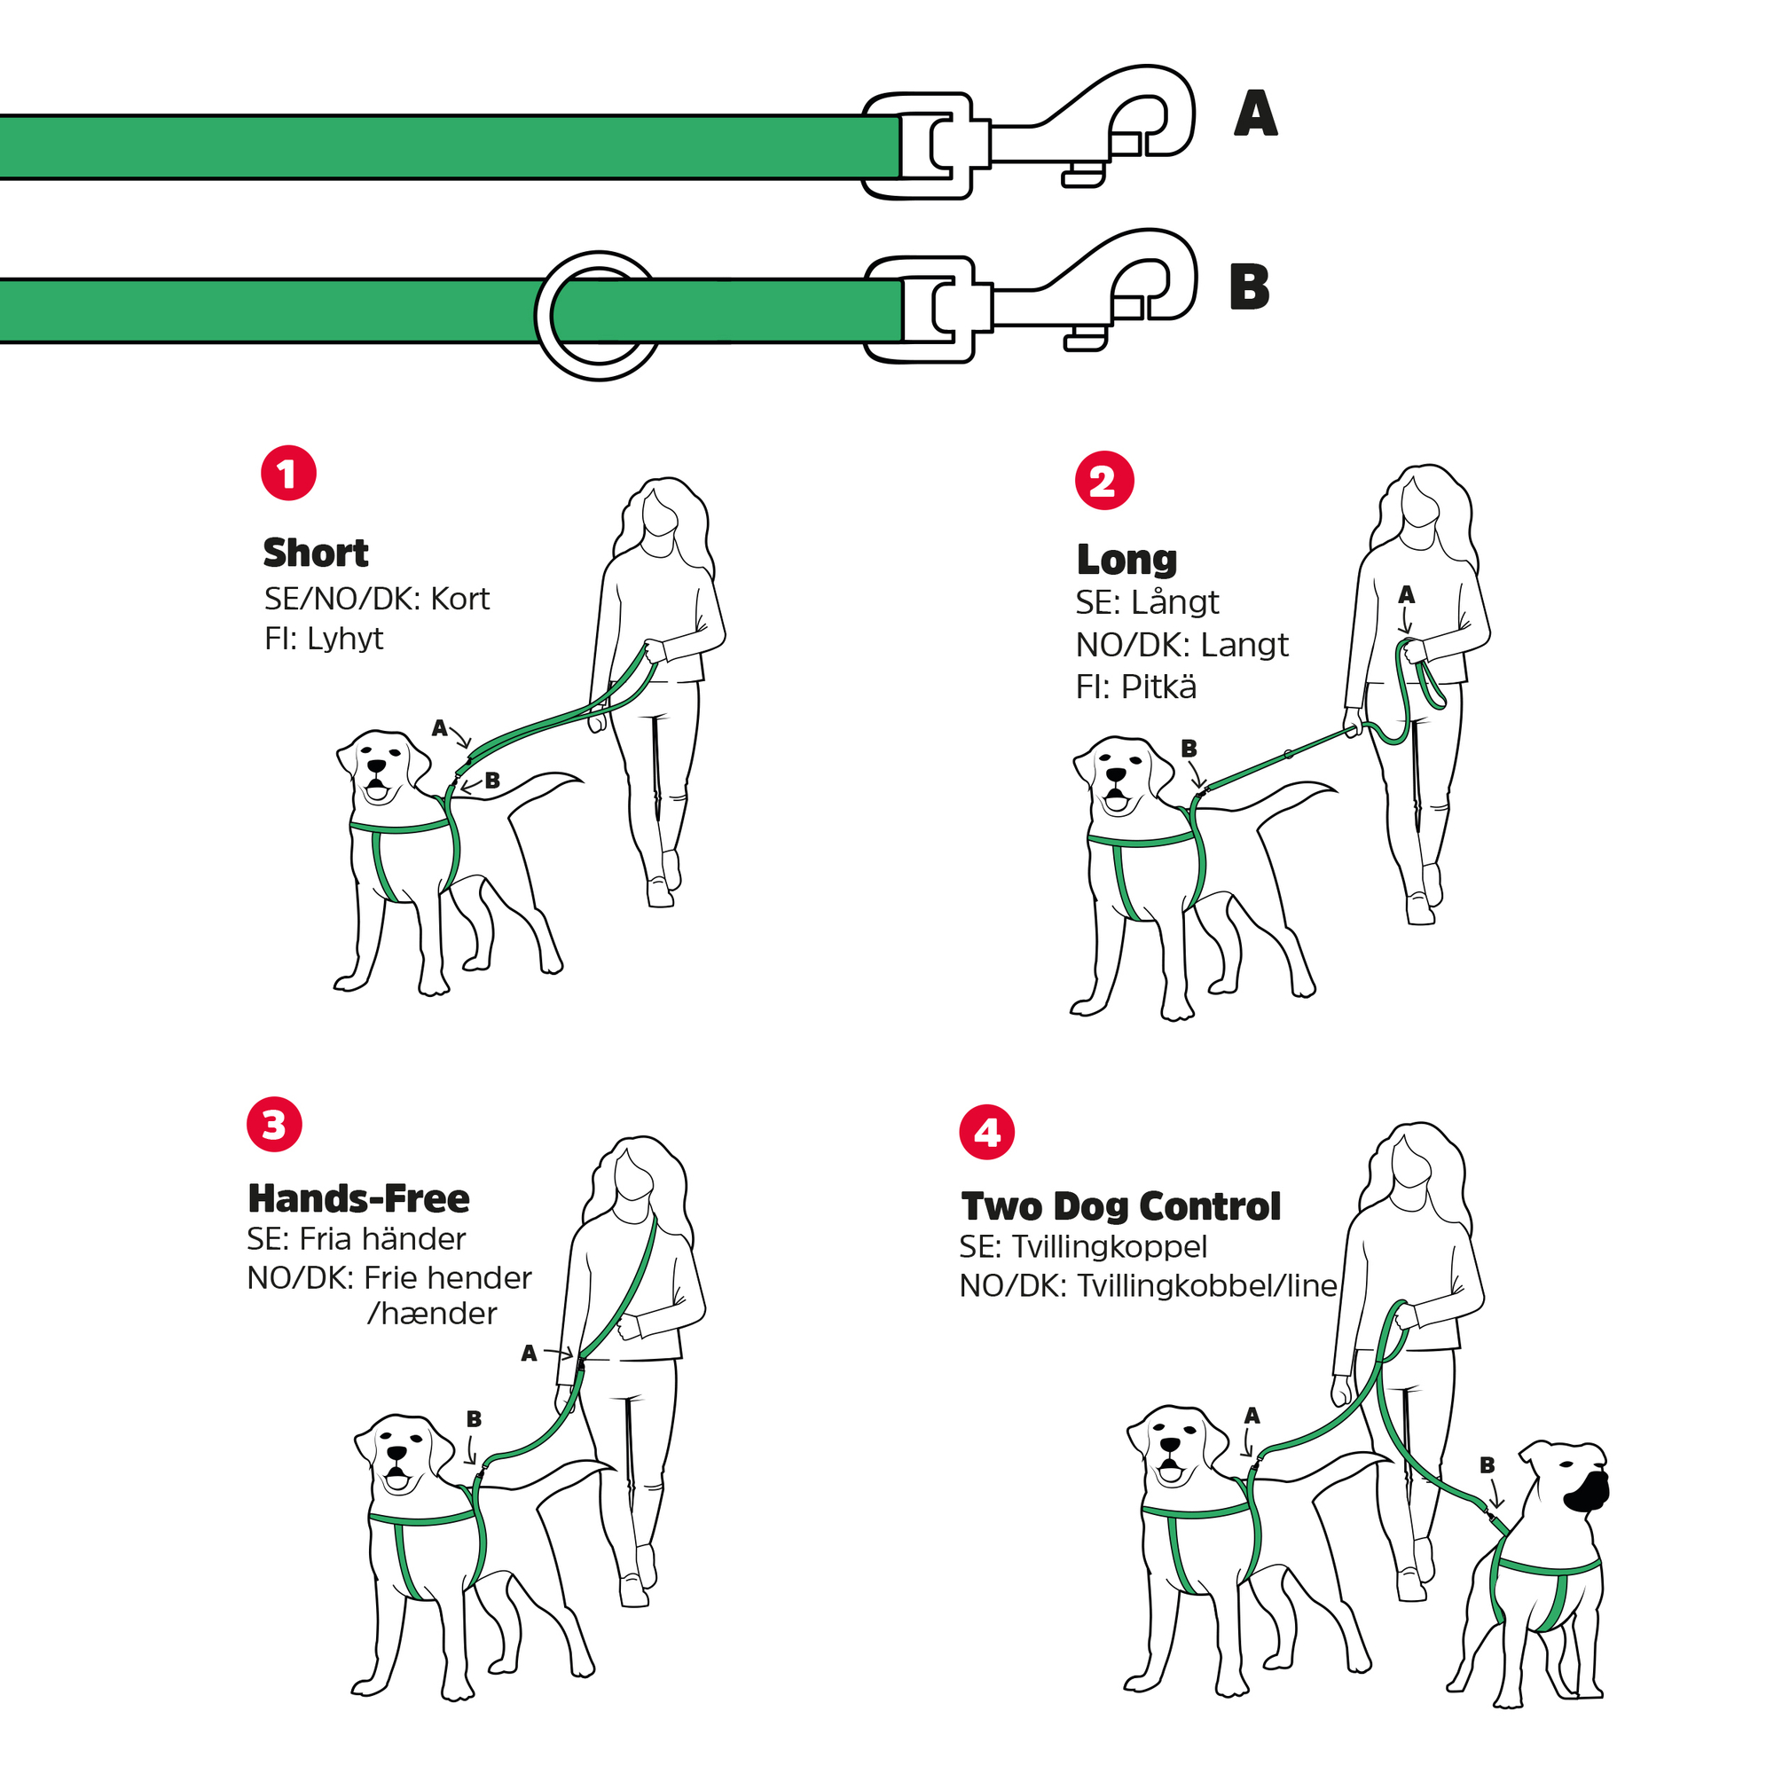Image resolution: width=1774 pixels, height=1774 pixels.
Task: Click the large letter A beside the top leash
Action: click(1255, 114)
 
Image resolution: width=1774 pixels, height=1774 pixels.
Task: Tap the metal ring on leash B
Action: click(598, 315)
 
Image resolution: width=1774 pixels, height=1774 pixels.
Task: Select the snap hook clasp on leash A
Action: click(1028, 132)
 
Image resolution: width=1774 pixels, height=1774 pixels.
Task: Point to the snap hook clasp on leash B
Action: click(1030, 295)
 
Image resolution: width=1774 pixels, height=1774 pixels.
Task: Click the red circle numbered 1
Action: click(288, 474)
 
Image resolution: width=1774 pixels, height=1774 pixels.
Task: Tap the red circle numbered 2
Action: click(1103, 480)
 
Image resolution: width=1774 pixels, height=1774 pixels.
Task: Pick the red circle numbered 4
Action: click(987, 1131)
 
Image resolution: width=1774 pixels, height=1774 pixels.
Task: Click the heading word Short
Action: click(316, 553)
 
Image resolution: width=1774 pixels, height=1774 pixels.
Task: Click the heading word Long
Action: click(1126, 559)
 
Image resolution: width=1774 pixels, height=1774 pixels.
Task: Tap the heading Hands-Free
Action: click(359, 1198)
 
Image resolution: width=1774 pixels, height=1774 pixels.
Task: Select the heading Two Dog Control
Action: click(1120, 1206)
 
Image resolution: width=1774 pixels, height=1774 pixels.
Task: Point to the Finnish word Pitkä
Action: click(1158, 687)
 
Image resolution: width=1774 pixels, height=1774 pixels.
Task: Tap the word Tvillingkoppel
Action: click(1110, 1247)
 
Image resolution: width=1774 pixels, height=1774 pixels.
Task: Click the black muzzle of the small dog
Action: click(1586, 1492)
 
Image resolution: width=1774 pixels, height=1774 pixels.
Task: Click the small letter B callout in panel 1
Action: click(492, 781)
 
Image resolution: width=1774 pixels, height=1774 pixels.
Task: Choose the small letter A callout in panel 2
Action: click(1406, 595)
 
